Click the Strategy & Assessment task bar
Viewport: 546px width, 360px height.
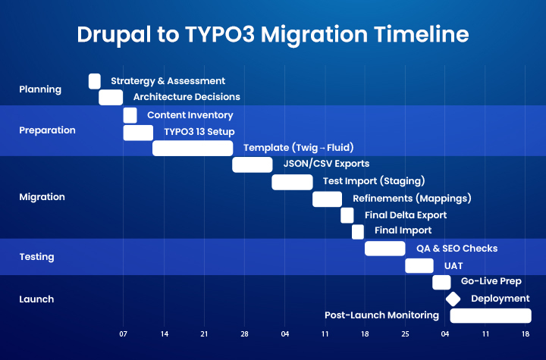95,81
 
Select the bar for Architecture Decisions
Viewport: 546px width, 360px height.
111,97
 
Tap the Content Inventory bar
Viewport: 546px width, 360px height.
130,115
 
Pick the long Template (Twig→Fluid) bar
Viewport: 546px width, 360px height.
193,148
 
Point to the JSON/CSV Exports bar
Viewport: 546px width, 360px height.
252,164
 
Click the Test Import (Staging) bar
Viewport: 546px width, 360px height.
292,182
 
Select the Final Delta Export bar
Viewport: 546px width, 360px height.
347,215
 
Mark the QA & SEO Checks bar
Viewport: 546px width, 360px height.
385,249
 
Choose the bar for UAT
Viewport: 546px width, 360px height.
419,265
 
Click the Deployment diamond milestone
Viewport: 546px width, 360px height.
453,299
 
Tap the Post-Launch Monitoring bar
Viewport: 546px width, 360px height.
491,315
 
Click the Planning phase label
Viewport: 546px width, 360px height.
40,89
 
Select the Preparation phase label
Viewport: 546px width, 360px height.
47,130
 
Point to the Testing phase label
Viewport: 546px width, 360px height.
36,257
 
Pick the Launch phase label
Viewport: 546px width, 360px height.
36,299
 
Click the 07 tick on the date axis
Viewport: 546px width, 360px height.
123,333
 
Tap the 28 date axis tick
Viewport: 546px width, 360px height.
244,333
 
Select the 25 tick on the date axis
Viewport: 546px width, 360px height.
405,333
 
